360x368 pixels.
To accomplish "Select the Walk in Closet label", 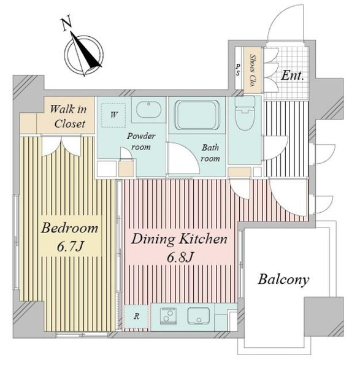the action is tap(69, 117).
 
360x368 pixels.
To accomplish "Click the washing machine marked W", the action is tap(113, 115).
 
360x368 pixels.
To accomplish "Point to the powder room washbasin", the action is tap(149, 110).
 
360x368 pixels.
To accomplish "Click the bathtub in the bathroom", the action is tap(197, 115).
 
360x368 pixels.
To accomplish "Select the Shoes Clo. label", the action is tap(253, 71).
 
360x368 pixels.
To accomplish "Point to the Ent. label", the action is tap(292, 75).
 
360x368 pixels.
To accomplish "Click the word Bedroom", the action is tap(69, 228).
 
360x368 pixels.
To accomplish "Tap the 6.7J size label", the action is tap(70, 246).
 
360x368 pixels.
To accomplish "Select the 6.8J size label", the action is tap(180, 257).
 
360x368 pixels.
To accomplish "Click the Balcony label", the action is tap(283, 280).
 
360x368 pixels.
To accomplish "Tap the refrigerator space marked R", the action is tap(136, 316).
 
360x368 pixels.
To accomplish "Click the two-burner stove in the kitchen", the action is tap(168, 315).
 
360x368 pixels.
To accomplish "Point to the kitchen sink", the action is tap(198, 316).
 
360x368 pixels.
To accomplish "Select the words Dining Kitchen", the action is tap(179, 239).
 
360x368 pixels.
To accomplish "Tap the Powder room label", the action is tap(141, 142).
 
